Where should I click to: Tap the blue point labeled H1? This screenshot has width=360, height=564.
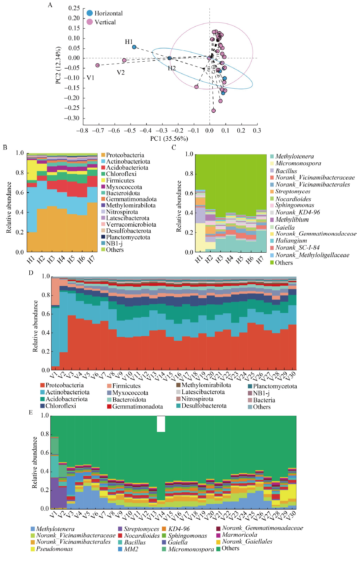[x=134, y=47]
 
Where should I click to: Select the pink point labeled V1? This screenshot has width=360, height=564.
[x=98, y=65]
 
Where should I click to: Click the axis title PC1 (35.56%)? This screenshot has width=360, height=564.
[x=169, y=139]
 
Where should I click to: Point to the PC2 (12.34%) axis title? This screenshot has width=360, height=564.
[x=58, y=66]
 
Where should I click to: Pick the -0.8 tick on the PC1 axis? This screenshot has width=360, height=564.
[x=82, y=130]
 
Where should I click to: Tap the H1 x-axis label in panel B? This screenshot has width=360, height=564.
[x=31, y=260]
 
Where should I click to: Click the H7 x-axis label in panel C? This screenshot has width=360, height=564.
[x=260, y=260]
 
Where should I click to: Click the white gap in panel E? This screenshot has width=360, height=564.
[x=161, y=424]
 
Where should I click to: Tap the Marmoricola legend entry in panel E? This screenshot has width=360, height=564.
[x=237, y=535]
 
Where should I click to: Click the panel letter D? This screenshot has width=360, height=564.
[x=31, y=273]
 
